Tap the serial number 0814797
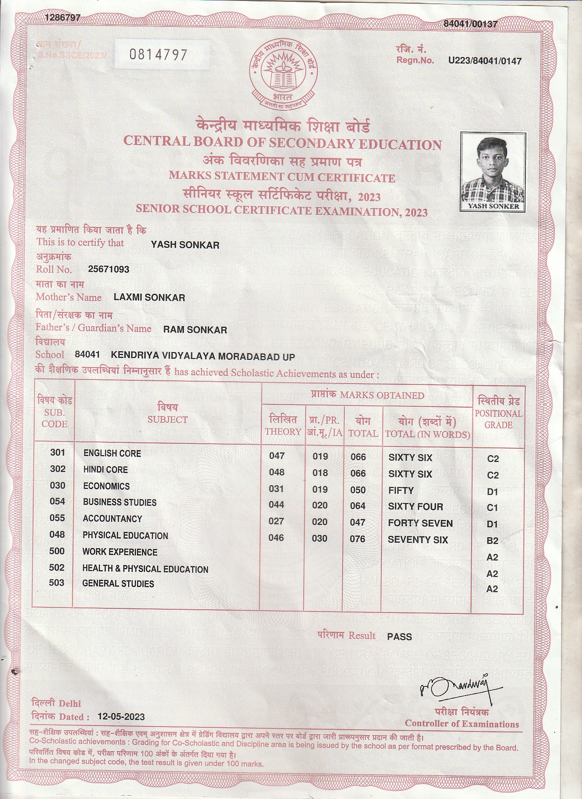click(158, 55)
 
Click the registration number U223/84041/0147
click(485, 61)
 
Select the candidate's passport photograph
click(493, 171)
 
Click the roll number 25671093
click(109, 269)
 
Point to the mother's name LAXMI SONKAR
click(149, 298)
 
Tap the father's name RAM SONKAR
click(195, 330)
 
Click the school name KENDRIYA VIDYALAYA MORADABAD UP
click(203, 356)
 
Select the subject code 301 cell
click(58, 452)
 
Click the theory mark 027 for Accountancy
click(276, 521)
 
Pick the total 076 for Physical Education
click(358, 539)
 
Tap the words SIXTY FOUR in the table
click(416, 507)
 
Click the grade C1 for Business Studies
click(493, 508)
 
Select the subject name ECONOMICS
click(106, 486)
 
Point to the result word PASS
click(399, 637)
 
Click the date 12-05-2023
click(121, 716)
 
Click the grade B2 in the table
click(493, 541)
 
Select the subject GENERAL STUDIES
click(118, 584)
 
